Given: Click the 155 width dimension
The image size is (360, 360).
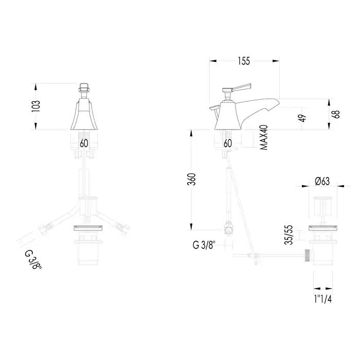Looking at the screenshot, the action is [x=244, y=61].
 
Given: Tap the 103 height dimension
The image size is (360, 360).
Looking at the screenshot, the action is [x=36, y=106].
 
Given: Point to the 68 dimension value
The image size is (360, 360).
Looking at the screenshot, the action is [x=337, y=114].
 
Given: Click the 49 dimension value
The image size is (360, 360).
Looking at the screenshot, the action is [x=303, y=118].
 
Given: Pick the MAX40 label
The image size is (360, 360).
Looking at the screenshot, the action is [x=264, y=138].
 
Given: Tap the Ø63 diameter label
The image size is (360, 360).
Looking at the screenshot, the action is [x=322, y=181].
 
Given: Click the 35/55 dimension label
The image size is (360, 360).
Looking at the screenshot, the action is [x=289, y=235].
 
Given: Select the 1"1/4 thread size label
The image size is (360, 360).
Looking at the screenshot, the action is [x=323, y=299].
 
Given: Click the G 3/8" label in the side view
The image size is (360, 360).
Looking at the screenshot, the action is [x=205, y=245].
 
